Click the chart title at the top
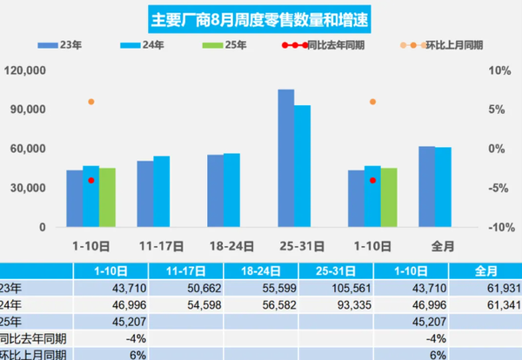(x=261, y=17)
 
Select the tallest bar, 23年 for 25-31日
(x=285, y=157)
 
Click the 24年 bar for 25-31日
(x=302, y=165)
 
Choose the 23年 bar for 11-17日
(x=145, y=193)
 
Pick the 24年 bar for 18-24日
(x=231, y=190)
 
